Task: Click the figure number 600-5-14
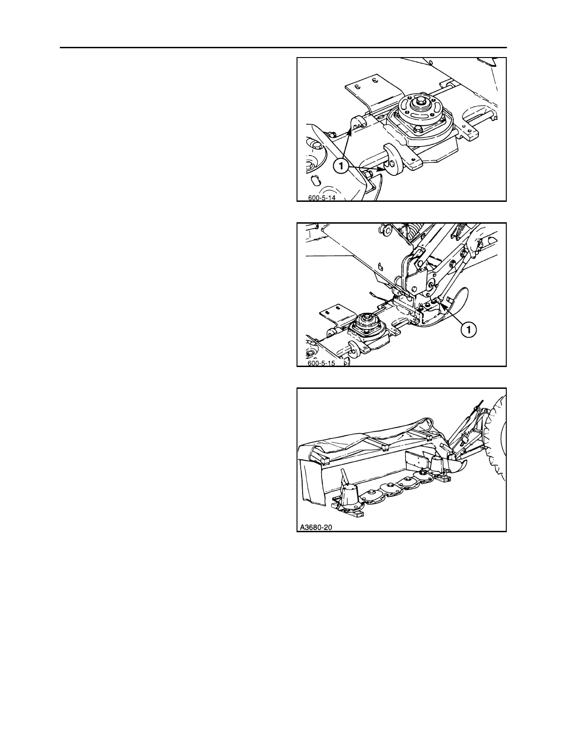point(322,198)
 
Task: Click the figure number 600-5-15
point(322,363)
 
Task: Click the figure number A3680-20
point(317,527)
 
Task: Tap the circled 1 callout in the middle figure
point(469,329)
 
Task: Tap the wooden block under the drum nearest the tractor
point(444,478)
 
